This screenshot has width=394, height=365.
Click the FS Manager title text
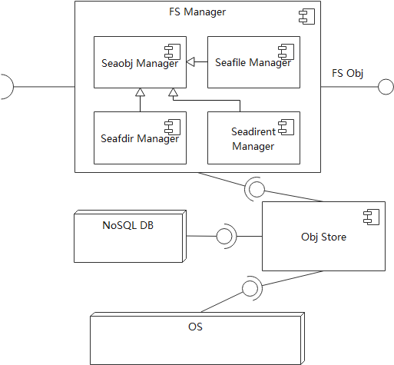tap(197, 12)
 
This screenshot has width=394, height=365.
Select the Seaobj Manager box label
tap(140, 63)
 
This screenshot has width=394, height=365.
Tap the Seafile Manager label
tap(253, 62)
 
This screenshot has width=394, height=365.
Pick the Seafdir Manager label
tap(140, 139)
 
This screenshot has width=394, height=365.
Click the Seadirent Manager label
tap(253, 139)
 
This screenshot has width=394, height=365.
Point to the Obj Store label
tap(323, 237)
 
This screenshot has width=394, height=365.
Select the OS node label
tap(196, 327)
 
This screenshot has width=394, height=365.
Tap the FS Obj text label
tap(346, 74)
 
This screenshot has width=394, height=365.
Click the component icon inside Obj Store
tap(372, 217)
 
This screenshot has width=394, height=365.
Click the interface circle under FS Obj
tap(386, 87)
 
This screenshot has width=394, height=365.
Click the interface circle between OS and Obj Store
tap(249, 289)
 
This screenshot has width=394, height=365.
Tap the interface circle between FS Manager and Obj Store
tap(256, 188)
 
